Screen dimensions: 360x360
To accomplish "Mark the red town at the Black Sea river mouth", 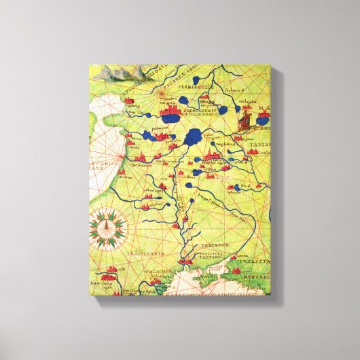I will (183, 259).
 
